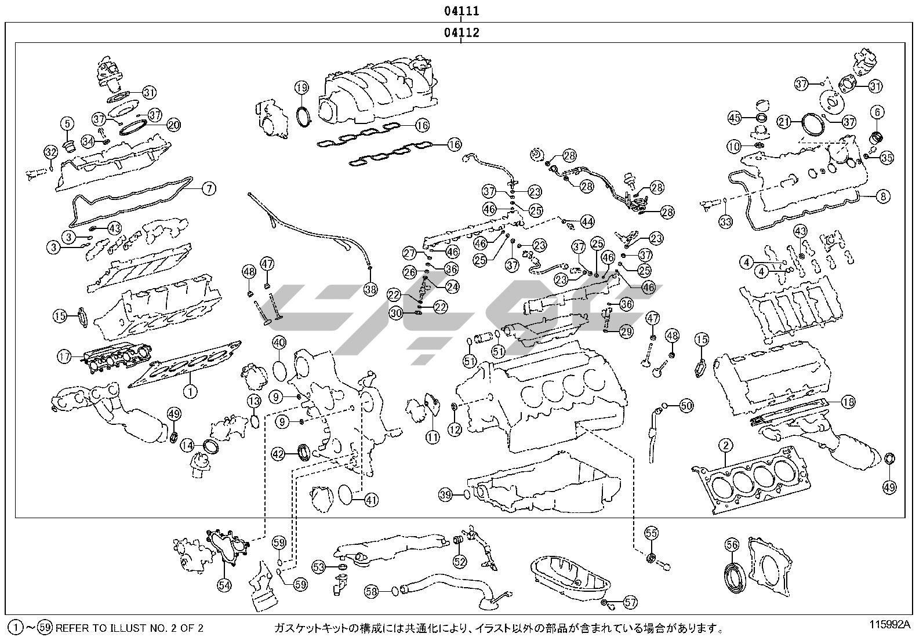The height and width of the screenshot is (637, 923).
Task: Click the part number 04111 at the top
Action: [x=461, y=11]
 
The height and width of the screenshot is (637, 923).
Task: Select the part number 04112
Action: [x=461, y=32]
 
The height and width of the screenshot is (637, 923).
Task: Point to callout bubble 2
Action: [x=725, y=446]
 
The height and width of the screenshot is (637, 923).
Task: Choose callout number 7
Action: [x=209, y=188]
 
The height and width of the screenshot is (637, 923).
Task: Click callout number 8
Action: [x=882, y=196]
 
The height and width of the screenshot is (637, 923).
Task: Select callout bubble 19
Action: [x=301, y=88]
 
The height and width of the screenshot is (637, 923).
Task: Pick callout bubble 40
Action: [x=279, y=343]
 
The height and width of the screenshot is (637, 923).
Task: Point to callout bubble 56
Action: [x=732, y=544]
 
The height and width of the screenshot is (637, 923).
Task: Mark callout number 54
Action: [x=224, y=585]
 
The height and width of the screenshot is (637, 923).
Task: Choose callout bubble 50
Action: [x=686, y=406]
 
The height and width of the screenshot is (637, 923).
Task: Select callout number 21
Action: [x=784, y=122]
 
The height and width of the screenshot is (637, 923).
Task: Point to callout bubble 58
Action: [x=371, y=591]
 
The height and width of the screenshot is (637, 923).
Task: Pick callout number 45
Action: [x=735, y=118]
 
